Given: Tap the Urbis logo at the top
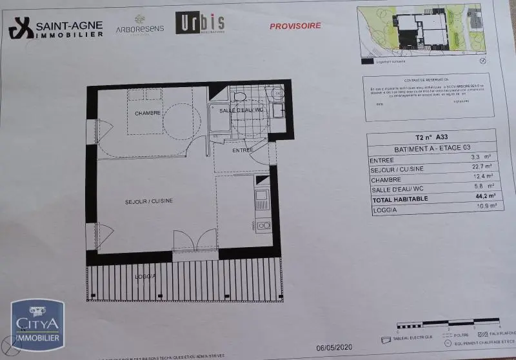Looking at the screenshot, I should coord(200,24).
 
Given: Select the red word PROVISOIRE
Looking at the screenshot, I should coord(294,26).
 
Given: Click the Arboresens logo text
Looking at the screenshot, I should coord(139,28).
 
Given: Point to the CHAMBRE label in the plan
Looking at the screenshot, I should coord(147,114).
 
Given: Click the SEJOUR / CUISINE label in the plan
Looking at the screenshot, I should coord(148,202).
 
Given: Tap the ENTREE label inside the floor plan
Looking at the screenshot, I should coord(243,150).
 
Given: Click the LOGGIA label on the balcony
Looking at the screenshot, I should coord(145,276).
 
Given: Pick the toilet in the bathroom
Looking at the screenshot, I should coord(238,97).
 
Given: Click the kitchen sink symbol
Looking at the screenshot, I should coord(262,195).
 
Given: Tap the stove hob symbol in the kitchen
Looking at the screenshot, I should coord(263,225).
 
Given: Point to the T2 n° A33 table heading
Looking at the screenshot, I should coord(432,137).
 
